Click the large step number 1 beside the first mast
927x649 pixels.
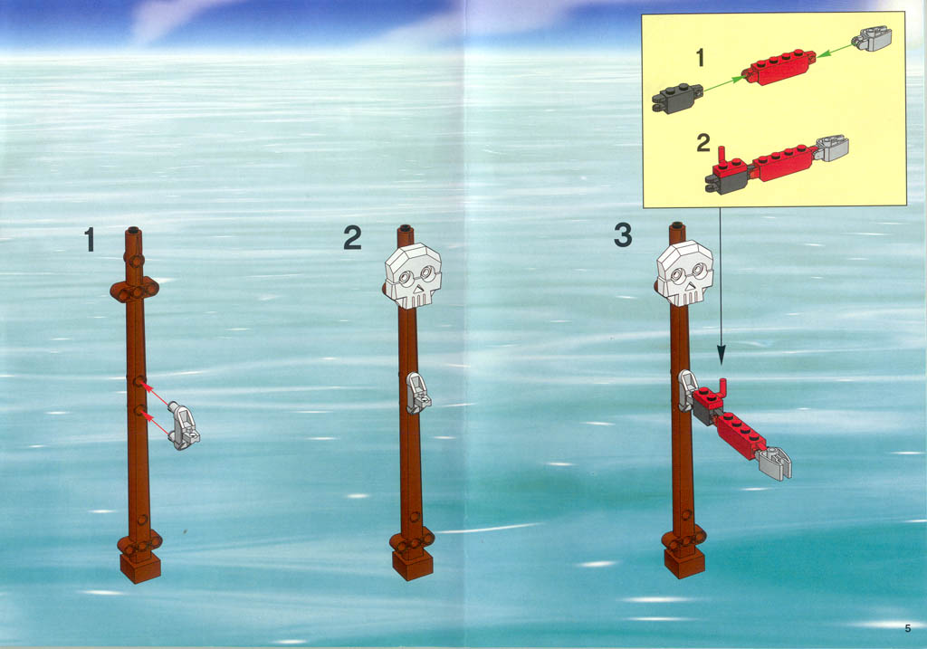coord(90,239)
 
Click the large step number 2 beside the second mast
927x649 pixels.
coord(352,238)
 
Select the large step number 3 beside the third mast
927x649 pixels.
coord(623,234)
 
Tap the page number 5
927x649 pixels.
coord(907,628)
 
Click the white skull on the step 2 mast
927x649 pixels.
coord(413,276)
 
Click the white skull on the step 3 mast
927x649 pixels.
coord(684,273)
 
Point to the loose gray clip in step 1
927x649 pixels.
coord(184,425)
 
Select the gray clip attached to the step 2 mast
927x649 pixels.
coord(418,393)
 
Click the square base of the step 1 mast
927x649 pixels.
coord(140,567)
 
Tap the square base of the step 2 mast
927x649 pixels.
coord(413,564)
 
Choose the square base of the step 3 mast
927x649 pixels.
coord(684,562)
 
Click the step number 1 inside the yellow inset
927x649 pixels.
coord(701,58)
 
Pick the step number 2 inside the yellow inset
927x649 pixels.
coord(702,142)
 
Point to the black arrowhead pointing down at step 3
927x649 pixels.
coord(721,356)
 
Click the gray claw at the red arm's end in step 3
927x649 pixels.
coord(774,463)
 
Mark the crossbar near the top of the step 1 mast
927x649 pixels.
coord(135,291)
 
